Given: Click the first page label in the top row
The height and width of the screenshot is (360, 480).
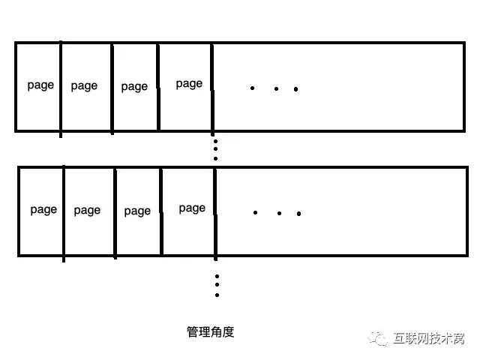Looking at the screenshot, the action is pyautogui.click(x=40, y=85).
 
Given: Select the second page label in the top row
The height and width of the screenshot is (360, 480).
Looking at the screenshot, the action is pyautogui.click(x=84, y=86).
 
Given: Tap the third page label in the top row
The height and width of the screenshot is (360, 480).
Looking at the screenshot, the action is pyautogui.click(x=134, y=87).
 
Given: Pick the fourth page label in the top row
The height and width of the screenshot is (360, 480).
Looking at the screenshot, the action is pyautogui.click(x=189, y=84).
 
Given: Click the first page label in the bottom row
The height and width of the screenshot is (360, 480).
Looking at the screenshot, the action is pyautogui.click(x=43, y=210).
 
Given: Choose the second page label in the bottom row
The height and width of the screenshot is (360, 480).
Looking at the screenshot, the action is pyautogui.click(x=87, y=211).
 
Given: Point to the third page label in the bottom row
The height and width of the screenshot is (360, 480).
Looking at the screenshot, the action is pyautogui.click(x=137, y=211).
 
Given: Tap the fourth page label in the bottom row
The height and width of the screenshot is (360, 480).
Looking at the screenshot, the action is pyautogui.click(x=192, y=208).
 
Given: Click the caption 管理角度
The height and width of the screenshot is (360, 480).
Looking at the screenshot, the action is pyautogui.click(x=211, y=332).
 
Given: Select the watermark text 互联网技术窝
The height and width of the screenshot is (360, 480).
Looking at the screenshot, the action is pyautogui.click(x=429, y=338).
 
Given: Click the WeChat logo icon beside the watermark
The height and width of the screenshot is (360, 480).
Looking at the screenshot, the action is pyautogui.click(x=378, y=338).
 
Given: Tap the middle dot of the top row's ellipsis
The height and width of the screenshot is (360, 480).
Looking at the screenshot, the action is pyautogui.click(x=277, y=88).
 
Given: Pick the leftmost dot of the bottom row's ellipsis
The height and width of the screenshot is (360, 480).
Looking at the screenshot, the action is pyautogui.click(x=255, y=212).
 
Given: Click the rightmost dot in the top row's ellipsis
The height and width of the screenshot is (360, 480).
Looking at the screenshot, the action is pyautogui.click(x=295, y=89).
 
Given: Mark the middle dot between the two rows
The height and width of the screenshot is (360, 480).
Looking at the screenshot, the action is pyautogui.click(x=216, y=149).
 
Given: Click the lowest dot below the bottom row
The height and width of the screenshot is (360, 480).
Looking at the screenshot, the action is pyautogui.click(x=217, y=295).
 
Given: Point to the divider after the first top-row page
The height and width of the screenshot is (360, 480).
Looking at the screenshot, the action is pyautogui.click(x=61, y=89).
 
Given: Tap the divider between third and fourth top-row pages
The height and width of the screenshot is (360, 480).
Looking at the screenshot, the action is pyautogui.click(x=158, y=87).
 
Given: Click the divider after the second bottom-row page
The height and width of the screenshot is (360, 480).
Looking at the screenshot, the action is pyautogui.click(x=115, y=213).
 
